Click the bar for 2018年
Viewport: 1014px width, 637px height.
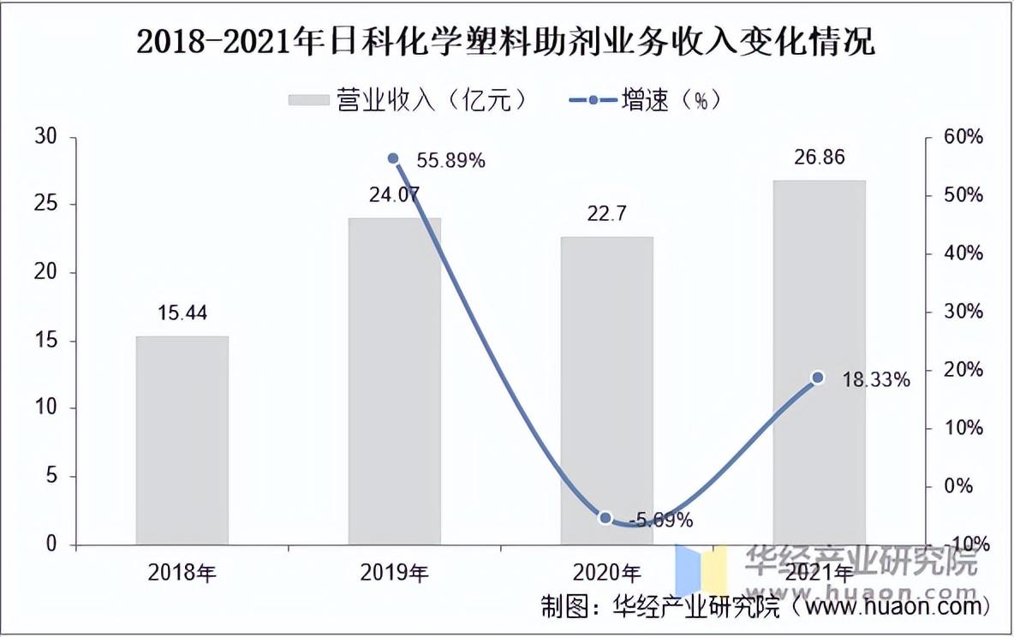tap(182, 440)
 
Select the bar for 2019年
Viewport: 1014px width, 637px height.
tap(395, 381)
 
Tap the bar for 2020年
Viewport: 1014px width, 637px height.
tap(606, 390)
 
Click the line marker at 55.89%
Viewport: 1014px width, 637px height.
tap(393, 158)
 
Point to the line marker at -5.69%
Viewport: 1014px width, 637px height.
tap(605, 517)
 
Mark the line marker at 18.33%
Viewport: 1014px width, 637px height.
tap(818, 378)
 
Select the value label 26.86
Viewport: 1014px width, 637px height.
tap(820, 158)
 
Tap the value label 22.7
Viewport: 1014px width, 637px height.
tap(606, 214)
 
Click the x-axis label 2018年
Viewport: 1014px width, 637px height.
tap(182, 572)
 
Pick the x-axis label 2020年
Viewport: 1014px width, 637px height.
tap(606, 572)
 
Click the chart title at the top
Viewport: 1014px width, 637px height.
tap(506, 41)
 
